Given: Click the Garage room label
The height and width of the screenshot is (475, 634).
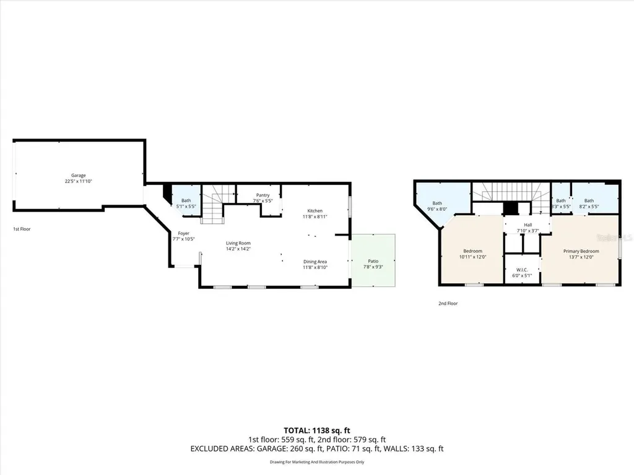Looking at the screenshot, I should coord(78,175).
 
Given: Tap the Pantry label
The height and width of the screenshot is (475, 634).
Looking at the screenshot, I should coord(263,195).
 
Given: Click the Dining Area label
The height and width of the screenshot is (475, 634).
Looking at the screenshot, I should coord(315,261).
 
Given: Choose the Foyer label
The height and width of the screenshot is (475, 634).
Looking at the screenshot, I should coord(183,233).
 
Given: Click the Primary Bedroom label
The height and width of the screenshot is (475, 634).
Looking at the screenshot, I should coord(581,251).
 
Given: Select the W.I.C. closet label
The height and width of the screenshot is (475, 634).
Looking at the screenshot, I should coord(521,270).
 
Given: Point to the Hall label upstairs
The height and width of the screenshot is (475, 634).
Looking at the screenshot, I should coord(528,225).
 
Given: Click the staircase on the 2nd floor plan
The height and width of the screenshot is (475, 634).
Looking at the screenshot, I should coord(511,191).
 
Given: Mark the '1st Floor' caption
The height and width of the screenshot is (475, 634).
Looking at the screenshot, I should coord(22,229).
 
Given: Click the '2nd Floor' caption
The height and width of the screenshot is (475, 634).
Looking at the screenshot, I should coord(448,303).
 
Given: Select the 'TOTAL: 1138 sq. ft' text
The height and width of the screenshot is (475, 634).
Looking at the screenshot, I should coord(316,429).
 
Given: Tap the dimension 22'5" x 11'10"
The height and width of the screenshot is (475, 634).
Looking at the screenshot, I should coord(78,181).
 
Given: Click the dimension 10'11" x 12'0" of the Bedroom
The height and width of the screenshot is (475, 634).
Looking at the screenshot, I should coord(473,257).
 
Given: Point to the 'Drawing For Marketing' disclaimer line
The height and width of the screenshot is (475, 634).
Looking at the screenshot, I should coord(316,461).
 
